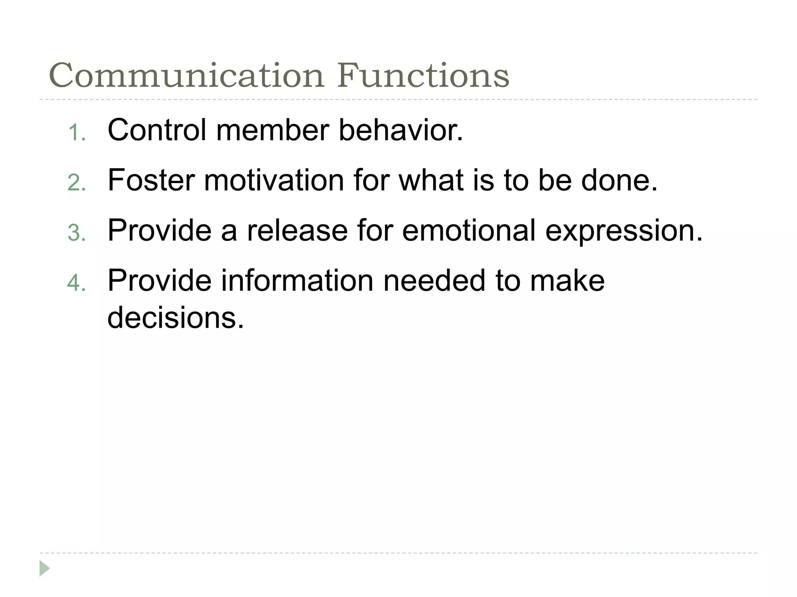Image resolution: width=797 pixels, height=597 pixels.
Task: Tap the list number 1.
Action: (76, 133)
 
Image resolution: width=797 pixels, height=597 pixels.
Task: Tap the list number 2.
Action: (76, 183)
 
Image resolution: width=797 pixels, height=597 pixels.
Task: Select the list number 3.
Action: (76, 233)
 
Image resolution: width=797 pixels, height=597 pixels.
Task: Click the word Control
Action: (157, 130)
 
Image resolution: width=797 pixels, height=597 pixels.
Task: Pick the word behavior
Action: (401, 130)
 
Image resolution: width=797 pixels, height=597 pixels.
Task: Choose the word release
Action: (297, 230)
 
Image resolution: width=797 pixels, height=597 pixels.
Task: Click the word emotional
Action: (469, 230)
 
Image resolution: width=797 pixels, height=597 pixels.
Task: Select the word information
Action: (297, 280)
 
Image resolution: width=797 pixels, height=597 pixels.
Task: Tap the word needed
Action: (434, 280)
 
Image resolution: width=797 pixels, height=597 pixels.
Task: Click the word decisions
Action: (176, 317)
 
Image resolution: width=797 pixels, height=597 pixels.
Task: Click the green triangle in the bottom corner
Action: (44, 568)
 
